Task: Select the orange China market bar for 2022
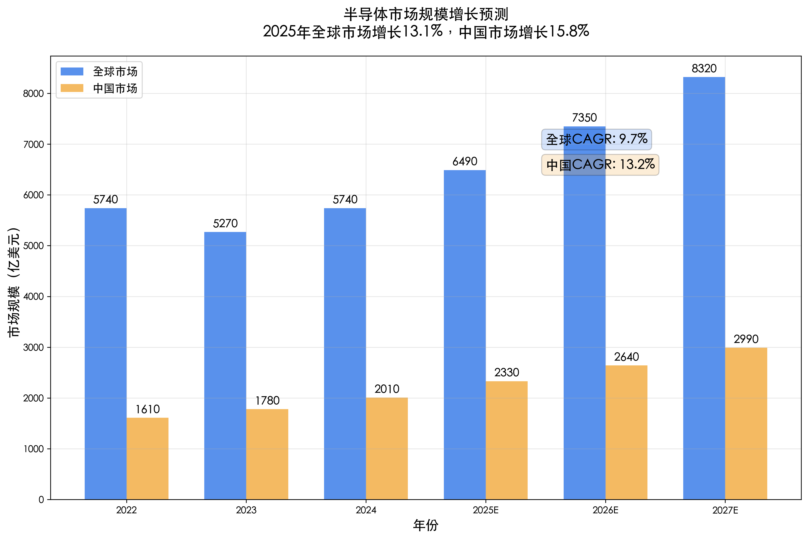(x=147, y=458)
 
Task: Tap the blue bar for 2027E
(x=704, y=288)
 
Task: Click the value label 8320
(x=704, y=69)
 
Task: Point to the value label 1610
(x=147, y=409)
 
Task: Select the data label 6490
(x=465, y=161)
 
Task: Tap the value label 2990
(x=746, y=339)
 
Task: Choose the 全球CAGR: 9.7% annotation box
(x=596, y=139)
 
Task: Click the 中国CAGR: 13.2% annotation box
(x=600, y=165)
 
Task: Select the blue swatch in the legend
(x=72, y=71)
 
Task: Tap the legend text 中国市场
(x=115, y=89)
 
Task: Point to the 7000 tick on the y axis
(x=34, y=145)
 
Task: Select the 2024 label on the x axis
(x=366, y=510)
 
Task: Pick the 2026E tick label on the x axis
(x=605, y=510)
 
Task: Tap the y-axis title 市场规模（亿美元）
(x=14, y=282)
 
